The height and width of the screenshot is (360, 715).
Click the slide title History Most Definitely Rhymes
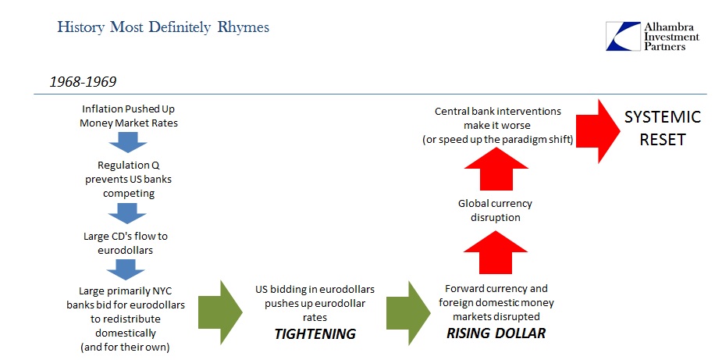[163, 27]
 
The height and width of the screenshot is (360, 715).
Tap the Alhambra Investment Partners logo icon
[623, 36]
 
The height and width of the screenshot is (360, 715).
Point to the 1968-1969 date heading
[83, 82]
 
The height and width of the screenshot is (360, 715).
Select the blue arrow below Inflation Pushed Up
[128, 142]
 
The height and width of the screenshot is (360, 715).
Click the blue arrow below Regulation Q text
[127, 213]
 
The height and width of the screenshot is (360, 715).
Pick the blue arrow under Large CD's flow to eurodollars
[126, 269]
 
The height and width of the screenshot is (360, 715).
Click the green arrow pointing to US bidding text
[220, 312]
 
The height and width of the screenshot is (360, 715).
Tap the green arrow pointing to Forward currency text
[408, 312]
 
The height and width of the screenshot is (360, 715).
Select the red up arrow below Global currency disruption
[495, 252]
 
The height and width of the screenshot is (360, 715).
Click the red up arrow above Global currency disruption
[496, 169]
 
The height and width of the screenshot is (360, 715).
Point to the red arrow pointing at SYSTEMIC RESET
[598, 131]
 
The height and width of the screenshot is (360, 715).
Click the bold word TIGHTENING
[315, 334]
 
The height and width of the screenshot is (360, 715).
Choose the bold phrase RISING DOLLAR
[496, 333]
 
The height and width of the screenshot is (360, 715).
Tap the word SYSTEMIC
[662, 117]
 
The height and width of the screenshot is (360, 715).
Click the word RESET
[663, 140]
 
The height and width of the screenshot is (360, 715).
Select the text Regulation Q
[129, 166]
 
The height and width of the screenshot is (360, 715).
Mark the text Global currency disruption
[495, 210]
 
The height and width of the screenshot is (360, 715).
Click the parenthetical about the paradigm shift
[497, 140]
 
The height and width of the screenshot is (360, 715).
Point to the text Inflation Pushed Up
[128, 109]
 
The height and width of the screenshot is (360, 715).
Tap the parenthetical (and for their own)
[125, 348]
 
